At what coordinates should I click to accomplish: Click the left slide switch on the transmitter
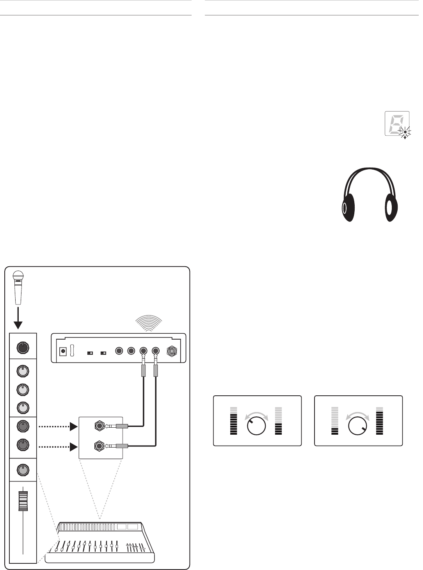(90, 353)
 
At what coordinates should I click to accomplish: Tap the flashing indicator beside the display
(406, 132)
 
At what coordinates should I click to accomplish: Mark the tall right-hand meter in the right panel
(379, 421)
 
